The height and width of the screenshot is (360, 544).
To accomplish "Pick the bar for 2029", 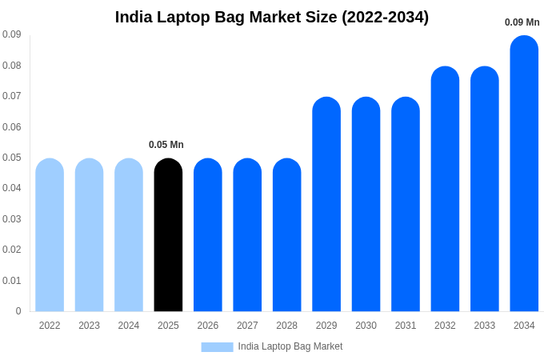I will (x=326, y=204).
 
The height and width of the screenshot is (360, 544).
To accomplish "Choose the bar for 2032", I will (x=445, y=189).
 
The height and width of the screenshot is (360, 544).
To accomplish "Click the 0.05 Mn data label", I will (x=166, y=145).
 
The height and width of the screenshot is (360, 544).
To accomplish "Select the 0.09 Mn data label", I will (x=522, y=22).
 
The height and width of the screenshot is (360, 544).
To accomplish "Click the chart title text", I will (x=272, y=17).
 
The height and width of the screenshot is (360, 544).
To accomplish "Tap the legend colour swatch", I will (x=217, y=347).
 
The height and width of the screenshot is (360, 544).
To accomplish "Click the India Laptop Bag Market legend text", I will (x=290, y=346).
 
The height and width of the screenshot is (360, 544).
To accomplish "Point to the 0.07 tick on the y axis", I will (x=11, y=96).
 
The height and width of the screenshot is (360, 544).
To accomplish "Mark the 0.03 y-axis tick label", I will (x=11, y=219).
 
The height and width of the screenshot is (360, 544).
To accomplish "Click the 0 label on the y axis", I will (x=18, y=311).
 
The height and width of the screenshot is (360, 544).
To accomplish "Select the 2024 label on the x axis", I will (x=129, y=326).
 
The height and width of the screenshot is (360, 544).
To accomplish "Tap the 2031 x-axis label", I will (x=406, y=326).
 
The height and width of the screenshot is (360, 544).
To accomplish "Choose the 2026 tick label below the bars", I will (x=208, y=326).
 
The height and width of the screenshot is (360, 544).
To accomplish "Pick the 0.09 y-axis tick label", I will (x=11, y=34).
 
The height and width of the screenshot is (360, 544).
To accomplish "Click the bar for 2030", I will (x=366, y=204).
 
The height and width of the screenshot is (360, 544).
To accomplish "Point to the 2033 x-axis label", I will (x=485, y=326).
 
